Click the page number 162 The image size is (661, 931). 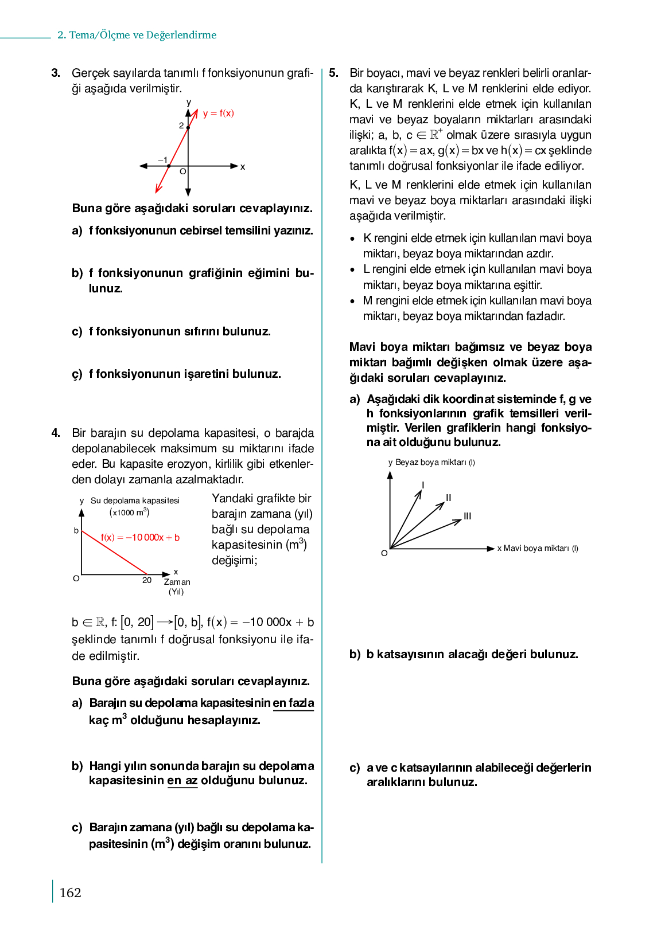70,893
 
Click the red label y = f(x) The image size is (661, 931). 219,114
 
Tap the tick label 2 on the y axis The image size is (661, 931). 181,126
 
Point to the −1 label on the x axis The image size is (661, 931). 163,160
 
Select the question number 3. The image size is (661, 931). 56,73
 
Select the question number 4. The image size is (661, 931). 56,433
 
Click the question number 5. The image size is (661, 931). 334,73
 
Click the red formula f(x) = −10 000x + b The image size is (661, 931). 140,537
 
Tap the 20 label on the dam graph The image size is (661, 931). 147,580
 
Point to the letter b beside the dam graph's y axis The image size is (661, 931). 76,531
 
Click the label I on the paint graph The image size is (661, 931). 423,485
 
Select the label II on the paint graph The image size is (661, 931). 449,498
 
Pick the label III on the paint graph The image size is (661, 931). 468,516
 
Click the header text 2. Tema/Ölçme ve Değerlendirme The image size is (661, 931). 137,35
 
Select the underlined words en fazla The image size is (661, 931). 293,703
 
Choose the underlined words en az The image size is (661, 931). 182,780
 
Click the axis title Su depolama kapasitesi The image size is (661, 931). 135,500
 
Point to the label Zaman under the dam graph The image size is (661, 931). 177,582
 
